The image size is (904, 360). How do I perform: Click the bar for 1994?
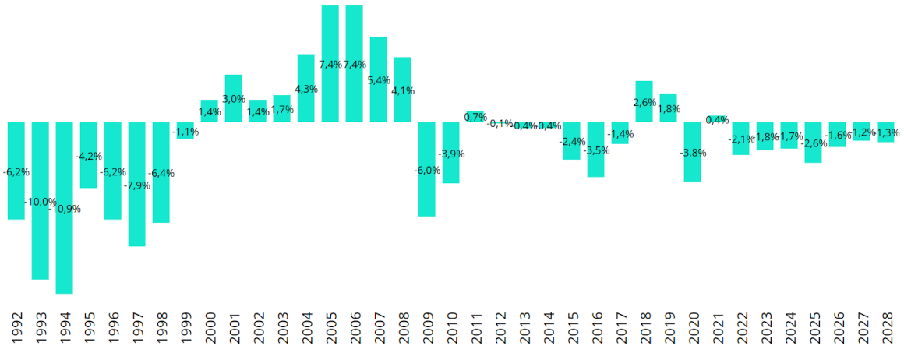pos(65,234)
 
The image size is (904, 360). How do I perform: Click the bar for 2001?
pos(234,86)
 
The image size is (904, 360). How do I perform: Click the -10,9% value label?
pos(65,209)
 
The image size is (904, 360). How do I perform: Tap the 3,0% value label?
pos(234,99)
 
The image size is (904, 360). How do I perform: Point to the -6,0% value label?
pos(427,170)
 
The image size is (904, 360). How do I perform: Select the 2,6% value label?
pos(644,102)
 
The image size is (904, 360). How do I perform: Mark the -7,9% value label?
pos(137,185)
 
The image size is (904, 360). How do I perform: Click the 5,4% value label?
pos(379,80)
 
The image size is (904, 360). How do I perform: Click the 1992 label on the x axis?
pos(17,326)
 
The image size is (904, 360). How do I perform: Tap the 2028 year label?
pos(886,326)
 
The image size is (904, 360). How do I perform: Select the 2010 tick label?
pos(451,326)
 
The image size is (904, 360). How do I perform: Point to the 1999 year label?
pos(185,326)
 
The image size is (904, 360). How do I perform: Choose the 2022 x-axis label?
pos(741,326)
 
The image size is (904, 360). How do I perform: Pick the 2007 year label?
pos(379,326)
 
